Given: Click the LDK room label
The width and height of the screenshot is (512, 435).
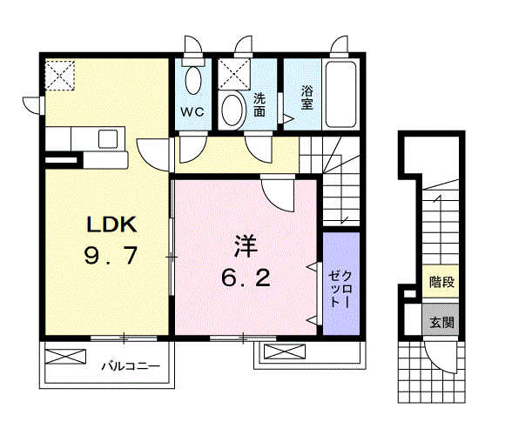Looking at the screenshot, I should click(110, 224).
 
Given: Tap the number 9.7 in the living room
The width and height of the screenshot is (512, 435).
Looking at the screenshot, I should click(111, 257).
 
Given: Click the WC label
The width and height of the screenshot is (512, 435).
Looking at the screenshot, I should click(192, 111).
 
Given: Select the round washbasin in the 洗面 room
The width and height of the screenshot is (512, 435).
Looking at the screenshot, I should click(232, 110).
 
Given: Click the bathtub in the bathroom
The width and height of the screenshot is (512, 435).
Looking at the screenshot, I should click(340, 96).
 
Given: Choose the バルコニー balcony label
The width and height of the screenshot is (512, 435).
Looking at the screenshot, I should click(129, 366).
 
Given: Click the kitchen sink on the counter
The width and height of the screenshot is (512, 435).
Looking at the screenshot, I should click(109, 137).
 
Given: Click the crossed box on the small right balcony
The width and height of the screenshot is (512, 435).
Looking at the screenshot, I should click(280, 352).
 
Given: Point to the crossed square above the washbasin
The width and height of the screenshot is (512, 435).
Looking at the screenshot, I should click(232, 75).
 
